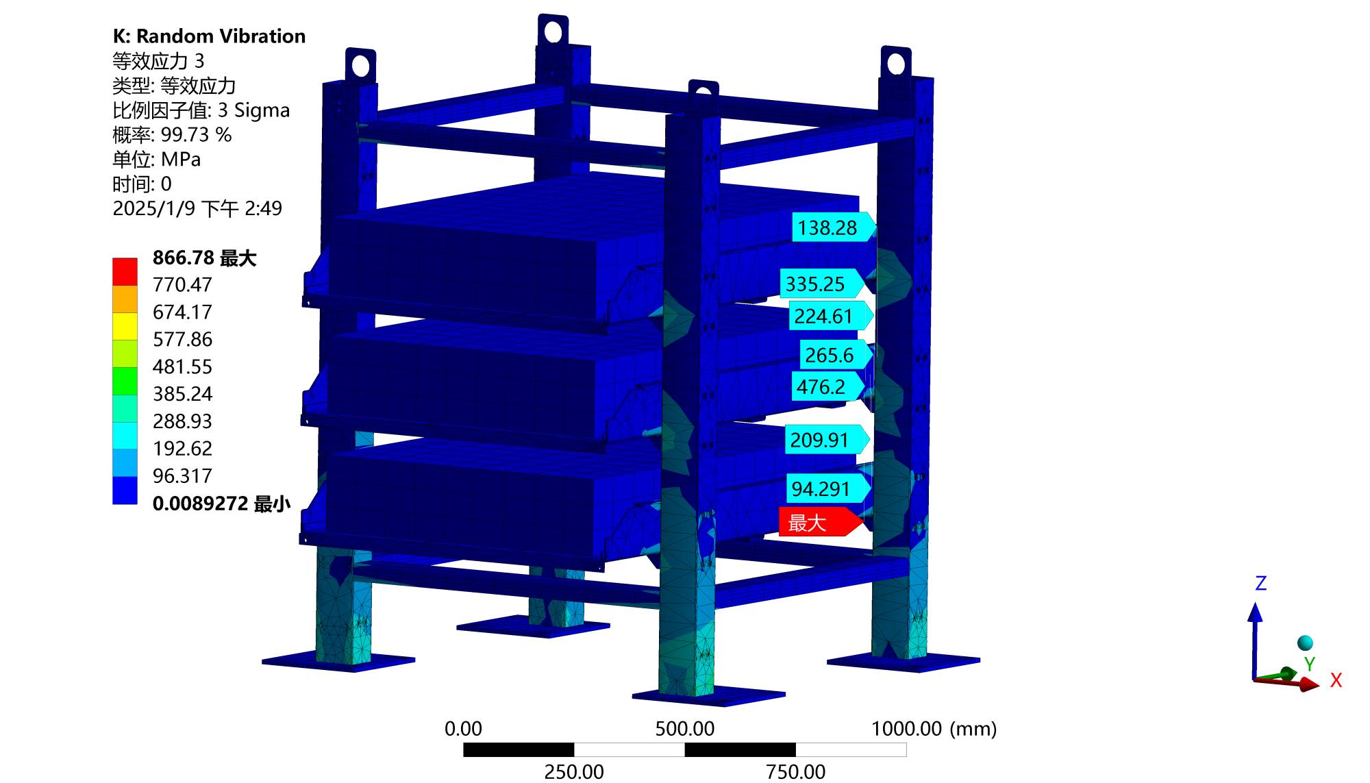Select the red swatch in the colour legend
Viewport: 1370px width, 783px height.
pyautogui.click(x=125, y=271)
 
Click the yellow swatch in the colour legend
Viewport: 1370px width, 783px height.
pyautogui.click(x=125, y=326)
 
